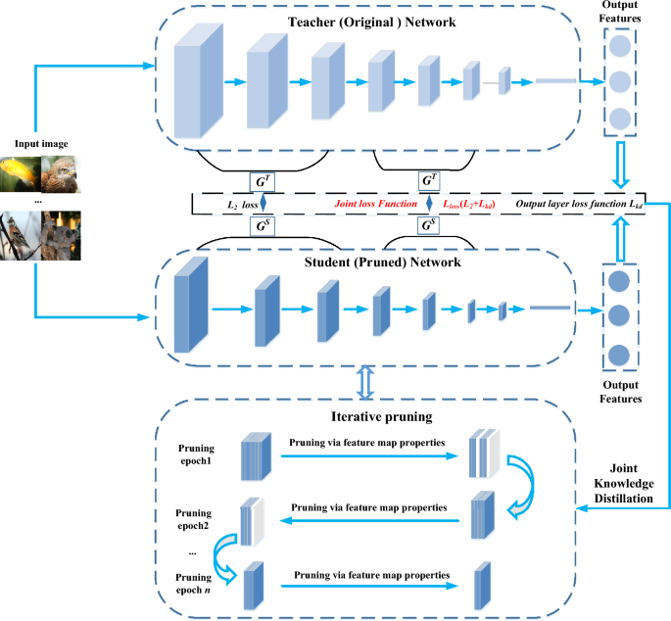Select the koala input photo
(x=61, y=236)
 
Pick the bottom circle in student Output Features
(x=619, y=355)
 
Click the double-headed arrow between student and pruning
(x=365, y=383)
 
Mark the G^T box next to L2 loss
(x=262, y=182)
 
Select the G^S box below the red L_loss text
(x=428, y=226)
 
